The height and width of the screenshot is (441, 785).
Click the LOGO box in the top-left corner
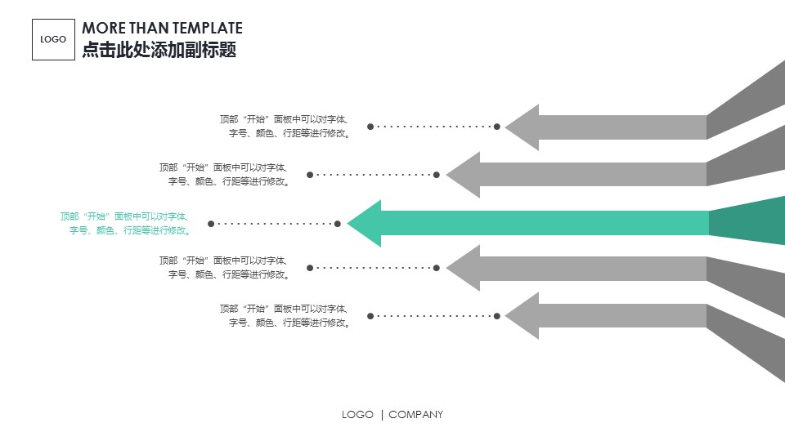(53, 39)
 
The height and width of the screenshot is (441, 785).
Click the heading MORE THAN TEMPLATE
(162, 29)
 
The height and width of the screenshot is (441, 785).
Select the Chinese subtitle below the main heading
(159, 50)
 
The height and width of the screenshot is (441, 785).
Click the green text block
(124, 223)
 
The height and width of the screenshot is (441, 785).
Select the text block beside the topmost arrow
(285, 126)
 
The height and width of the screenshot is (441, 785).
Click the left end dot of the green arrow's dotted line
(211, 223)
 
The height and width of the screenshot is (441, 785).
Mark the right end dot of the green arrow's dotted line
(337, 223)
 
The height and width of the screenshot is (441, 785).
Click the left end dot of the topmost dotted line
(370, 127)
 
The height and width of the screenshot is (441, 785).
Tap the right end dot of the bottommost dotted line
(497, 315)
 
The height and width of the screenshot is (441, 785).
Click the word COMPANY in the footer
(415, 415)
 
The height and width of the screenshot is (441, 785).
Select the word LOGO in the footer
(357, 415)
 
